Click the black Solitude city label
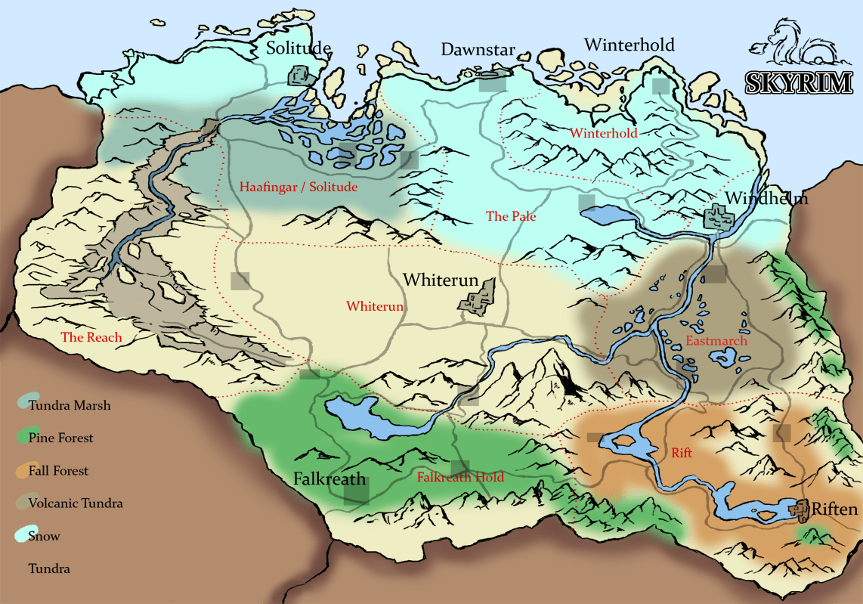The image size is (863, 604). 298,48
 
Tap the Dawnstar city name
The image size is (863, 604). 478,51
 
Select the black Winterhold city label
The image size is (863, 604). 629,45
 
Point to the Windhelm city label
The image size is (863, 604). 766,199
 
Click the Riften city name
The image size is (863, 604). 834,510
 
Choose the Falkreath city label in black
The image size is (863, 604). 329,479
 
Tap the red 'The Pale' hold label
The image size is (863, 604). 511,217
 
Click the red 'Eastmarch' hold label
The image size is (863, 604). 716,341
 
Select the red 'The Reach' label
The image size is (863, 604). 91,338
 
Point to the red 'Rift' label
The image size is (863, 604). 682,454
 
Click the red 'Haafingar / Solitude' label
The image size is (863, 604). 298,187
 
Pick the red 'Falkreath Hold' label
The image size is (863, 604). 460,477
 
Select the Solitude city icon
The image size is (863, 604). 302,76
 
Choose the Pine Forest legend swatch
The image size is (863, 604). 23,437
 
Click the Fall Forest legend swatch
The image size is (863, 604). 23,470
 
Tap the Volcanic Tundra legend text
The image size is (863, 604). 76,503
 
